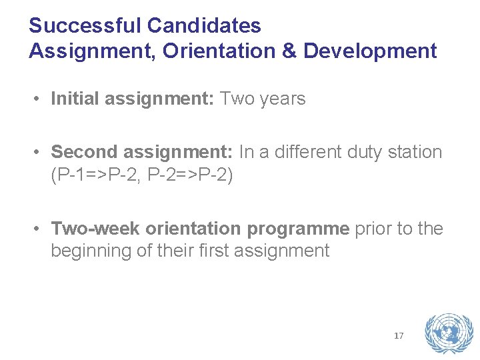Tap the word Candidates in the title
point(204,26)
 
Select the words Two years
point(263,99)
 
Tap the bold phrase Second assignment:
point(142,152)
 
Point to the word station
point(414,152)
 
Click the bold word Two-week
point(95,229)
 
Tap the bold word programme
point(298,229)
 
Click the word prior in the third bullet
point(374,229)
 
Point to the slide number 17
point(399,335)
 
